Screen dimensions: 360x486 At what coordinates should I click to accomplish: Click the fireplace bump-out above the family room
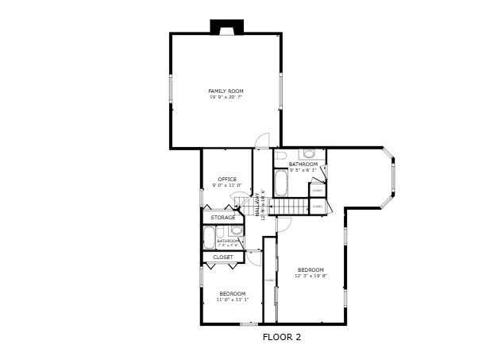point(226,28)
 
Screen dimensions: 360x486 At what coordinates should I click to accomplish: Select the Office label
point(227,179)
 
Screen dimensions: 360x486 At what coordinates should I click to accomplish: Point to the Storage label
point(222,217)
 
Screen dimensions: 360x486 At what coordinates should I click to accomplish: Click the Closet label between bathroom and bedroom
point(223,257)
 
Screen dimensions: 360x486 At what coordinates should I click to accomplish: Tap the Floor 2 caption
point(282,337)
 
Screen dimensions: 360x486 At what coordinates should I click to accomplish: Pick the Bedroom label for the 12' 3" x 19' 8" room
point(310,269)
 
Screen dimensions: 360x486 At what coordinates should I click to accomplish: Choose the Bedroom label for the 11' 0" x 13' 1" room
point(233,294)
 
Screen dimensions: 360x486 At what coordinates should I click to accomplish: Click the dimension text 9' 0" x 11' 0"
point(227,184)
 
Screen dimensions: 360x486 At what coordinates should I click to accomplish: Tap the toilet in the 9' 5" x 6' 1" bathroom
point(310,153)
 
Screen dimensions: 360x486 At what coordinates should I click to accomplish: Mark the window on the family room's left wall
point(170,87)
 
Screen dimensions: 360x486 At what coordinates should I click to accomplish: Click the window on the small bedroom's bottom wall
point(249,324)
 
